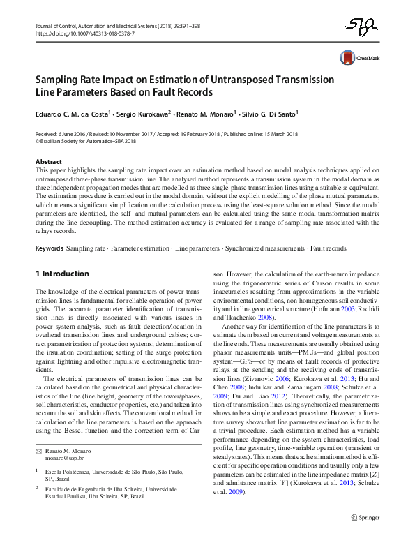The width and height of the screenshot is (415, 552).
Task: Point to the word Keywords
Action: (50, 248)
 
